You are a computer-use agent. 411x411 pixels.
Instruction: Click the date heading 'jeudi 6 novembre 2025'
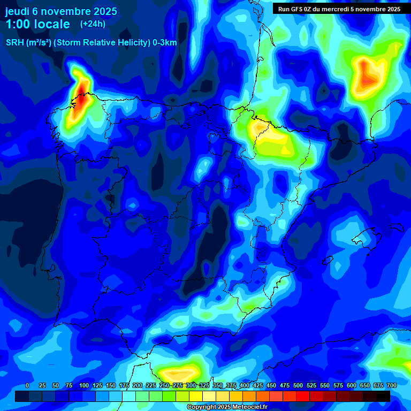point(61,11)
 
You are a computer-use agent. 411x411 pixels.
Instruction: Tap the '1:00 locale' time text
point(37,24)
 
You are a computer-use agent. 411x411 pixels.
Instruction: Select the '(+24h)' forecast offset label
point(93,24)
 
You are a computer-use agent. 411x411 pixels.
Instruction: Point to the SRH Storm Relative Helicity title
point(91,42)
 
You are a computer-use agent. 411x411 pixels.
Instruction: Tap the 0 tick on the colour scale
point(27,385)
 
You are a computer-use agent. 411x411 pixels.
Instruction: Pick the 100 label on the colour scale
point(84,385)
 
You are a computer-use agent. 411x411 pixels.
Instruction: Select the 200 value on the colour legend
point(138,385)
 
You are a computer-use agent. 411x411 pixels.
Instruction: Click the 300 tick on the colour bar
point(191,385)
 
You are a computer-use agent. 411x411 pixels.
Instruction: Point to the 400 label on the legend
point(245,385)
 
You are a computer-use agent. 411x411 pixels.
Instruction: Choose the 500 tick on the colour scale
point(298,385)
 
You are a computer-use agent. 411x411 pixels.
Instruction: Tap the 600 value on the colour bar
point(352,385)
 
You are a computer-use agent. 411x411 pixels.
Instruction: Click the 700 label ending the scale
point(392,385)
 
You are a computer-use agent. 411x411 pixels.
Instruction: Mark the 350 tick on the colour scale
point(218,385)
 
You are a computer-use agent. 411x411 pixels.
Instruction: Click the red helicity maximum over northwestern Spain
point(81,96)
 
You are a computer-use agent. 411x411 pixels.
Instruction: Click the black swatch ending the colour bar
point(383,396)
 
